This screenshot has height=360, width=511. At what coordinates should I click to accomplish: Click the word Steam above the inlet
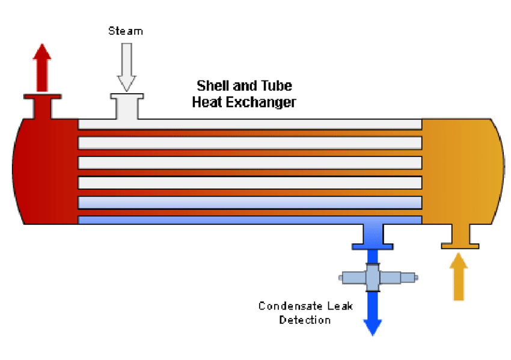click(x=126, y=31)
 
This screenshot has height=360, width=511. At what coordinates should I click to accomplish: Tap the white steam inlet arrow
click(x=127, y=67)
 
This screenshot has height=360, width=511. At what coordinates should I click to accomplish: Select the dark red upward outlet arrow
click(x=42, y=67)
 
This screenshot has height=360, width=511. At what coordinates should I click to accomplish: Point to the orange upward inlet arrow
click(x=459, y=276)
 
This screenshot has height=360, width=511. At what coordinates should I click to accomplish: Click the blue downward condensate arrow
click(x=373, y=313)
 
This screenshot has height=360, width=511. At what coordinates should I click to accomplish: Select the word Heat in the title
click(x=207, y=102)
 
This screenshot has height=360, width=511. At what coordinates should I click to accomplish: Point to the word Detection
click(x=305, y=320)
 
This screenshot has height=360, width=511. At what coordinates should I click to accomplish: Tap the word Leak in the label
click(x=340, y=306)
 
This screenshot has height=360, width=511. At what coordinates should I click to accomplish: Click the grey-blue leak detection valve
click(x=378, y=278)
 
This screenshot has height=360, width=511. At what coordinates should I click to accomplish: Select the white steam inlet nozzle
click(x=127, y=106)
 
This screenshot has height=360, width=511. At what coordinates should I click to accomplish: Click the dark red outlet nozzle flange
click(x=42, y=97)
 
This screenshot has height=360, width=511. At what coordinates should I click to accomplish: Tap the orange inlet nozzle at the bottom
click(x=460, y=237)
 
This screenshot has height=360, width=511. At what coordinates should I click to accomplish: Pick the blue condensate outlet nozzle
click(x=373, y=237)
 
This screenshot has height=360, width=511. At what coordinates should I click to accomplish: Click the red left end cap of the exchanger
click(x=46, y=171)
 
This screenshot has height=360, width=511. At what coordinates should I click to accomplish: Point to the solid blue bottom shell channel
click(x=250, y=220)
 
